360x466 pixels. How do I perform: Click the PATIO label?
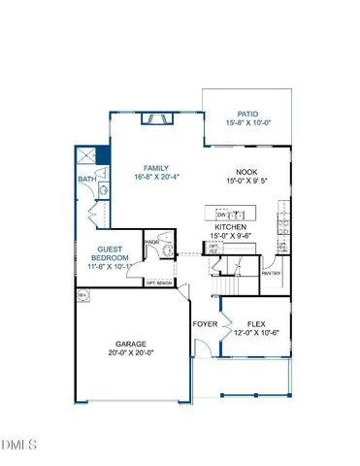(247, 113)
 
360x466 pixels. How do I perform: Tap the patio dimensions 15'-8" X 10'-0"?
(247, 123)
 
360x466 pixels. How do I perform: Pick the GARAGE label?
(131, 343)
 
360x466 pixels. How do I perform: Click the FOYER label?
(204, 323)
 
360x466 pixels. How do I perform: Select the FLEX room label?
(256, 323)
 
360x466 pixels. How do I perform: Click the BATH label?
(85, 179)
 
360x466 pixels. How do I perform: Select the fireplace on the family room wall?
(154, 118)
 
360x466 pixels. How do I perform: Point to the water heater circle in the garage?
(82, 294)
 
